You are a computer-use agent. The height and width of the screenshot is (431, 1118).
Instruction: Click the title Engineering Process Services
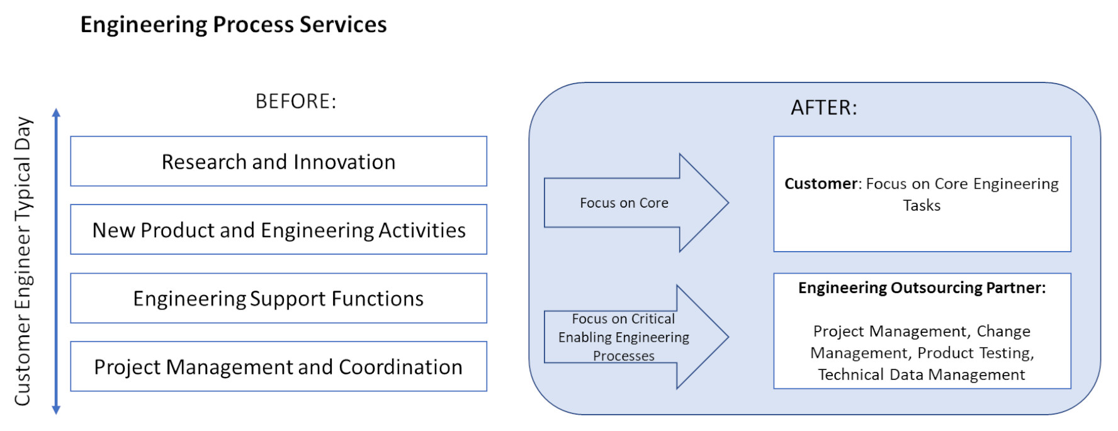pos(234,25)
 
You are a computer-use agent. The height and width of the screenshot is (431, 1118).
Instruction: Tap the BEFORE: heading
pos(296,101)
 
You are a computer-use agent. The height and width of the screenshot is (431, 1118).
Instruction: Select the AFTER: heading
pos(824,108)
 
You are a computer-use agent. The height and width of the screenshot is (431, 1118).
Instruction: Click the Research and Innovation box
pos(278,161)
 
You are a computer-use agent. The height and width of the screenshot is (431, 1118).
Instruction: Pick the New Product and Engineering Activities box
pos(278,230)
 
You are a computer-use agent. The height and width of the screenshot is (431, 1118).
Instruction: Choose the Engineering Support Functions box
pos(278,298)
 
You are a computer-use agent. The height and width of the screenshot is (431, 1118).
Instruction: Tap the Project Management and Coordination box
pos(278,366)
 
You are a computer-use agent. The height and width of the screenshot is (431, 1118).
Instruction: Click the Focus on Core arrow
pos(636,203)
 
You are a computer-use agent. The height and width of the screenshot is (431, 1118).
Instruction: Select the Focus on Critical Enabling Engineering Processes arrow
pos(636,337)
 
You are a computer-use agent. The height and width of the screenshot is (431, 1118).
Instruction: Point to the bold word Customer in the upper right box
pos(821,184)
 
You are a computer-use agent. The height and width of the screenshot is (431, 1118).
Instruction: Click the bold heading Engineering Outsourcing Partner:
pos(922,288)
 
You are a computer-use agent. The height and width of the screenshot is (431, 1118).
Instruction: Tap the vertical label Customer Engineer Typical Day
pos(23,261)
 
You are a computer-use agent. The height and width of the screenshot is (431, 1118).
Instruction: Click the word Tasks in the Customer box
pos(922,206)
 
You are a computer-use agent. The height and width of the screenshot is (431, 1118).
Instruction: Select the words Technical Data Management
pos(922,375)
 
